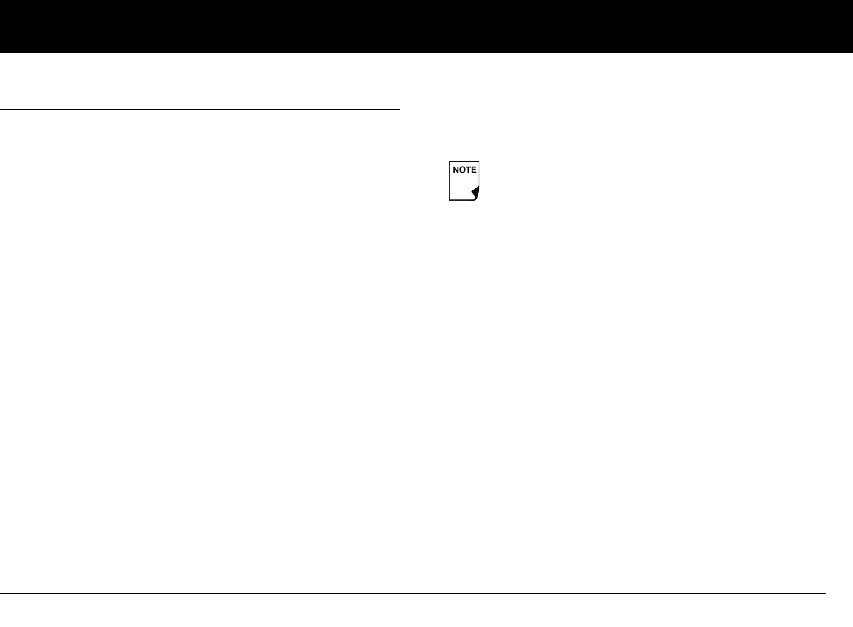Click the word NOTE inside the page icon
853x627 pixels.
[464, 170]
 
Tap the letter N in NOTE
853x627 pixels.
[456, 170]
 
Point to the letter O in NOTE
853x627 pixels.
[462, 170]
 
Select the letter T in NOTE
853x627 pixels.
[468, 170]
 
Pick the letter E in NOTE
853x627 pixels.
[474, 170]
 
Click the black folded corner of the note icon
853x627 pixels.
[475, 194]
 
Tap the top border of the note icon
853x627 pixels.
[464, 161]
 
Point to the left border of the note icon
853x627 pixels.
[449, 181]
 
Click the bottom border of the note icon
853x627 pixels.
[460, 200]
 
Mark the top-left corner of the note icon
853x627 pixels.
[449, 161]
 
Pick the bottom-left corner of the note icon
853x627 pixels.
[449, 200]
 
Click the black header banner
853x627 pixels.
[426, 26]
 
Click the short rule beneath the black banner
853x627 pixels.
[200, 110]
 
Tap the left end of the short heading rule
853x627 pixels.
[1, 110]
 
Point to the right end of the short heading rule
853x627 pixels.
[398, 110]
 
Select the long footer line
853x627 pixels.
[412, 593]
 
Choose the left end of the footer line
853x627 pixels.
[1, 593]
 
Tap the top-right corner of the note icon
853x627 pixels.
[479, 161]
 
